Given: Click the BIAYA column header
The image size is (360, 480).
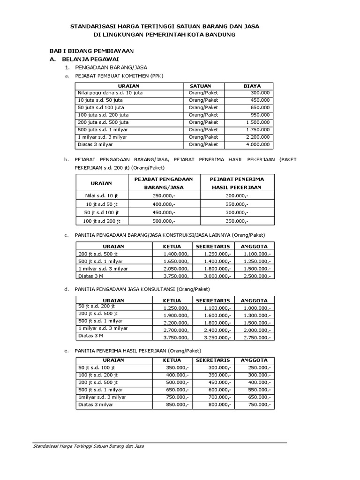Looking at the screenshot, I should [x=249, y=86].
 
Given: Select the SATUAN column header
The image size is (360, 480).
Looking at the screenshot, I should [x=200, y=86].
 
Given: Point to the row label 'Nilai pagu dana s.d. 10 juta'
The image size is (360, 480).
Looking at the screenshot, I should [x=111, y=93].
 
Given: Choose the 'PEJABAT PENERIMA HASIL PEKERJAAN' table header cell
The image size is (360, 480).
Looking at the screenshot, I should [x=237, y=183].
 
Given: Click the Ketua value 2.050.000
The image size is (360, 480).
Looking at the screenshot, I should [x=176, y=269].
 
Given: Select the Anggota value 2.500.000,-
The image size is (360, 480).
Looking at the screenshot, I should [x=256, y=276].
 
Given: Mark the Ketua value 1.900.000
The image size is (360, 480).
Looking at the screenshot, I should [x=176, y=315].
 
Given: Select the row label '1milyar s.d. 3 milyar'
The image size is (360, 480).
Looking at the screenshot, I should [x=102, y=397].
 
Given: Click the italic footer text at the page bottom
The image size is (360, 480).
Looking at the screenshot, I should [x=89, y=446].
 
